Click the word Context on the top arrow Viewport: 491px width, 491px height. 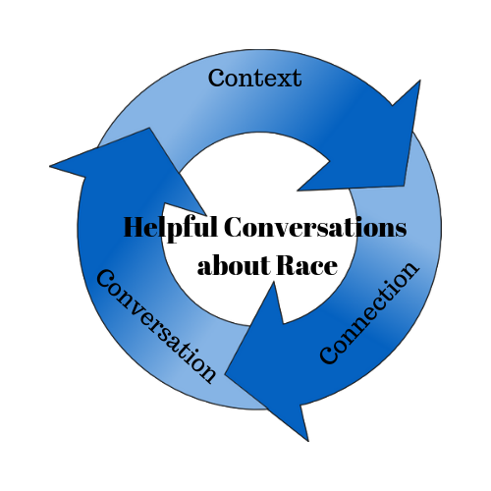[254, 78]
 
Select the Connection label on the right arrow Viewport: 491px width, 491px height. [368, 312]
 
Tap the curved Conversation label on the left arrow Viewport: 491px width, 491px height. [156, 326]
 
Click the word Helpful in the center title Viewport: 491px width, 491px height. [170, 229]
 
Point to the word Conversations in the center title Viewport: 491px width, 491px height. [315, 227]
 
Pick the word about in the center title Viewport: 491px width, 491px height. [234, 264]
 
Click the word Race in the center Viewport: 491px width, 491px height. [307, 265]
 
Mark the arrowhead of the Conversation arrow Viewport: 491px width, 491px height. [131, 167]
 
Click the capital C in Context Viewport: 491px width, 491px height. [216, 78]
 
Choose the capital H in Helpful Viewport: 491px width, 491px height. [135, 227]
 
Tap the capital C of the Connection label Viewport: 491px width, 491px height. [329, 355]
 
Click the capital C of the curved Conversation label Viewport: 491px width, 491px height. [106, 279]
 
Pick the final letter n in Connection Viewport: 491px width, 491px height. [409, 270]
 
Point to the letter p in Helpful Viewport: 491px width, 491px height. [170, 232]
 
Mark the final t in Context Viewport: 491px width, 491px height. [298, 80]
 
